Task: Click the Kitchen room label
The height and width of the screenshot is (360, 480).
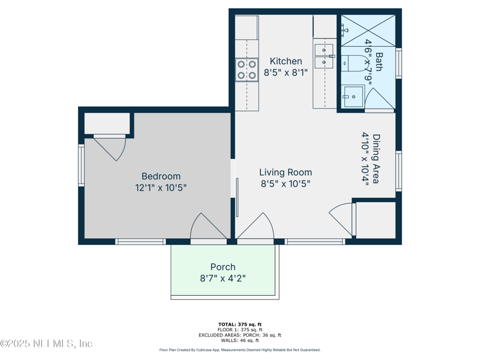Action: pyautogui.click(x=286, y=61)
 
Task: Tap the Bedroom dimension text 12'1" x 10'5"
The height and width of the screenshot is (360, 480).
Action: pyautogui.click(x=161, y=188)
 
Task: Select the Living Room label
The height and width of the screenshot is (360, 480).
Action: pyautogui.click(x=286, y=172)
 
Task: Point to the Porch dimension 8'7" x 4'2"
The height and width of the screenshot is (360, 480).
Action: pyautogui.click(x=223, y=278)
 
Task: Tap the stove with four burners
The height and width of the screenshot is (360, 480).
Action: pyautogui.click(x=247, y=70)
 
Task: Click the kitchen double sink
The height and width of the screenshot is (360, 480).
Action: pyautogui.click(x=324, y=56)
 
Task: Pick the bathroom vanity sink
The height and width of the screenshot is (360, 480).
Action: pyautogui.click(x=353, y=97)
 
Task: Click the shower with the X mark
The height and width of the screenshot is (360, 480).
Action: pyautogui.click(x=368, y=31)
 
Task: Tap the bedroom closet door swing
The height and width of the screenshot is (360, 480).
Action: pyautogui.click(x=110, y=148)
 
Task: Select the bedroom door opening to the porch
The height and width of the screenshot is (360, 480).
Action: pyautogui.click(x=209, y=227)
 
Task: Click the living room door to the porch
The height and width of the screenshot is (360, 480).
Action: pyautogui.click(x=256, y=227)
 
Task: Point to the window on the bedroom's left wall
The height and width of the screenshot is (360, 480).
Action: pyautogui.click(x=81, y=166)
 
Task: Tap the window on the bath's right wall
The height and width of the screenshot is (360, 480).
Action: pyautogui.click(x=398, y=64)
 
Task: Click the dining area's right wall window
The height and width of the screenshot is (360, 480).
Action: pyautogui.click(x=398, y=171)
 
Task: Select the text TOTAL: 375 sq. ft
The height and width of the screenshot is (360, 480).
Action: pyautogui.click(x=240, y=325)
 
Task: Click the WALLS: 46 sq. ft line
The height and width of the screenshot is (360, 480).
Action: pyautogui.click(x=240, y=340)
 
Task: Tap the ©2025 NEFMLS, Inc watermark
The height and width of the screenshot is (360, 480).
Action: pyautogui.click(x=46, y=343)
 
